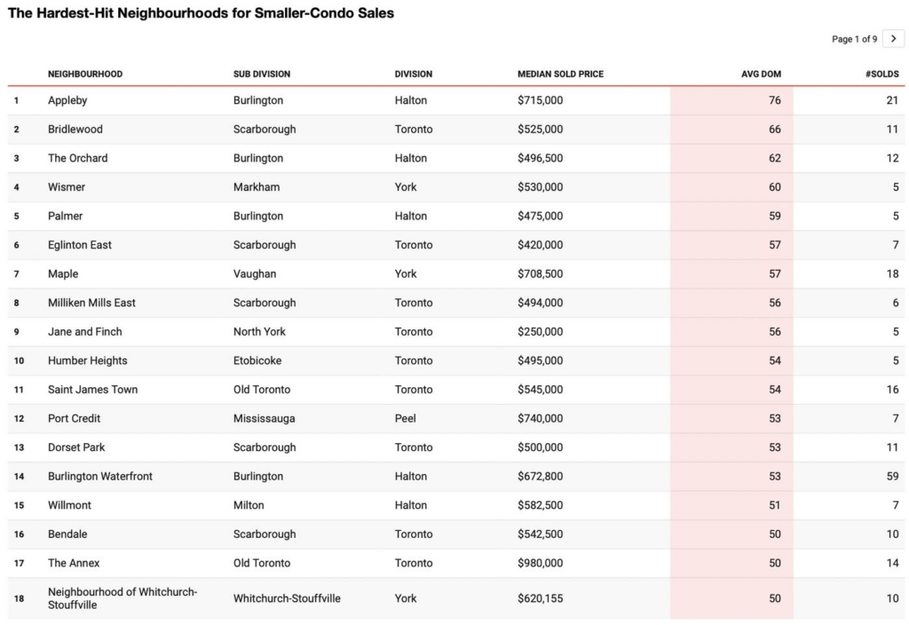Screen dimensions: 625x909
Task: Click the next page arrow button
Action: click(893, 39)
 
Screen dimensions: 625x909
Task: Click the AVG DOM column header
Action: click(761, 74)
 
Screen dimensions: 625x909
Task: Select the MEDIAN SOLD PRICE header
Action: click(560, 74)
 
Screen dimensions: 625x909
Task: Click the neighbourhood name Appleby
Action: click(67, 100)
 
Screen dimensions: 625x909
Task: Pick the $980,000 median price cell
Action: click(540, 563)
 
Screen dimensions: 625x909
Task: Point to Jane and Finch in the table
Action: click(85, 332)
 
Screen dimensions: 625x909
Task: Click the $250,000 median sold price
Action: click(540, 332)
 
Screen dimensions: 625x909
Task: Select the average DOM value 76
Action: click(775, 100)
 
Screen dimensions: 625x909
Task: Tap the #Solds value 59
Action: click(892, 477)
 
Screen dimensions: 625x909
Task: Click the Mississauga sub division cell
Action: click(264, 418)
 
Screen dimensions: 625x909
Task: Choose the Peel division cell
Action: click(406, 418)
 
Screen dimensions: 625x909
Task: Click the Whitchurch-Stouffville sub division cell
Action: click(287, 598)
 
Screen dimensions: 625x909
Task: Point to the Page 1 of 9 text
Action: click(854, 39)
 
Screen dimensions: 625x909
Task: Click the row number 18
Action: click(18, 598)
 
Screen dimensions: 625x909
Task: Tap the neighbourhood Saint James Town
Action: click(92, 390)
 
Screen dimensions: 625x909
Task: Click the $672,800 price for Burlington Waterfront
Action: click(540, 477)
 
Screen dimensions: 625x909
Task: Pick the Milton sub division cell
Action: click(249, 505)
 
